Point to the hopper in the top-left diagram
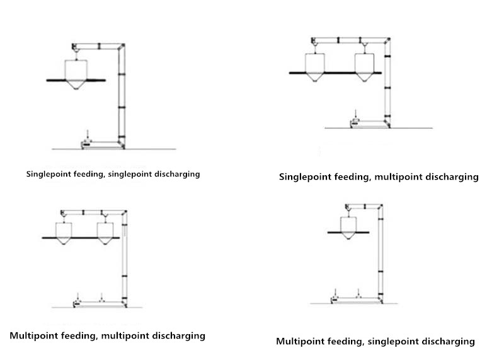click(x=76, y=74)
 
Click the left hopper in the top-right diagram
click(x=314, y=67)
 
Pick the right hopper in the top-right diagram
click(x=364, y=67)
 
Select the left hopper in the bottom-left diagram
click(x=64, y=233)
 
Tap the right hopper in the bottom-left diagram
click(x=105, y=233)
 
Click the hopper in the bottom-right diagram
click(x=348, y=228)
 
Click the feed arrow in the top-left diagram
click(x=88, y=135)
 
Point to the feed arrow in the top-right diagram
click(x=355, y=114)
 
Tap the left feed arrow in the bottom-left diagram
click(x=77, y=296)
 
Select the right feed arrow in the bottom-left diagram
click(x=101, y=296)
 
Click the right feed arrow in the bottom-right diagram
click(x=358, y=293)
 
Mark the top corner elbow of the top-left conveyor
click(x=121, y=47)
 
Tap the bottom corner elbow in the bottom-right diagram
click(x=381, y=300)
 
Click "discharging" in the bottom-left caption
click(x=178, y=335)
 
